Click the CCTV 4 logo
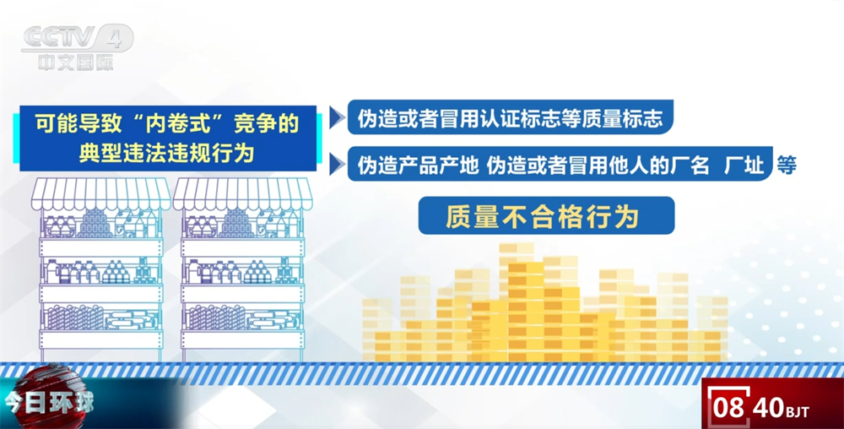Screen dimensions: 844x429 pos(78,38)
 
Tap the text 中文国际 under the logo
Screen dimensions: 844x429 pos(76,62)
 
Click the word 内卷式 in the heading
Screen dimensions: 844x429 pos(177,124)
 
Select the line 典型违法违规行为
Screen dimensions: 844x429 pos(167,154)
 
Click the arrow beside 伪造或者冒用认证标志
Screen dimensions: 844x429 pos(337,118)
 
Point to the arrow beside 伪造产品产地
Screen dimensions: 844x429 pos(337,164)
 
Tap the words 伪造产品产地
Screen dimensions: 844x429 pos(419,165)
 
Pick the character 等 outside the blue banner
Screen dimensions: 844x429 pos(786,165)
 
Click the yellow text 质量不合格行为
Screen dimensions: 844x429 pos(542,217)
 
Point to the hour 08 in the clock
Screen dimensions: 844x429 pos(729,408)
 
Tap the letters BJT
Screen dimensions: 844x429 pos(798,412)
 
